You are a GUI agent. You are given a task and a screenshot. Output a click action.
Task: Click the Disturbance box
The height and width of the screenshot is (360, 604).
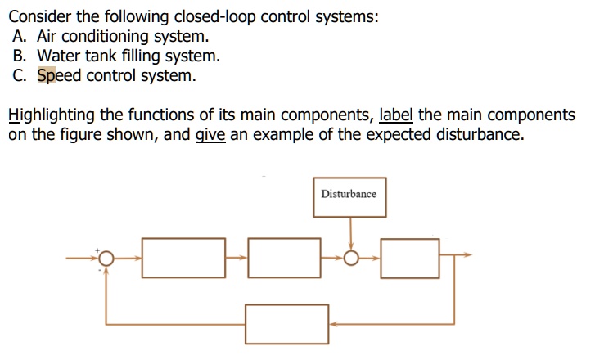349,195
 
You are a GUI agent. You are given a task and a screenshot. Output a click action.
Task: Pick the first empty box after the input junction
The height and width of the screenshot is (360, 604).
183,257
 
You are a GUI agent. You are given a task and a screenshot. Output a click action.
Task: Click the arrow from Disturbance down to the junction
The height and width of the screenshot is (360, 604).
350,233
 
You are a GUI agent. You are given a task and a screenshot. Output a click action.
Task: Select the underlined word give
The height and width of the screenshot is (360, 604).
210,135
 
